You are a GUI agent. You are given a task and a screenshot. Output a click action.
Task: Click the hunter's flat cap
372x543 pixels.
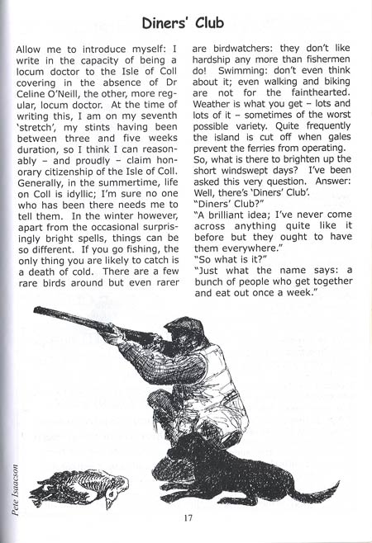[x=190, y=326]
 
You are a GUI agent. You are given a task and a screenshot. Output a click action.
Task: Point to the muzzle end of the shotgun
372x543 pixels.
[x=38, y=311]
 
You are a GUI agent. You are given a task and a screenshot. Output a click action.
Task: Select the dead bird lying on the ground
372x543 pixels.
[x=83, y=486]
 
